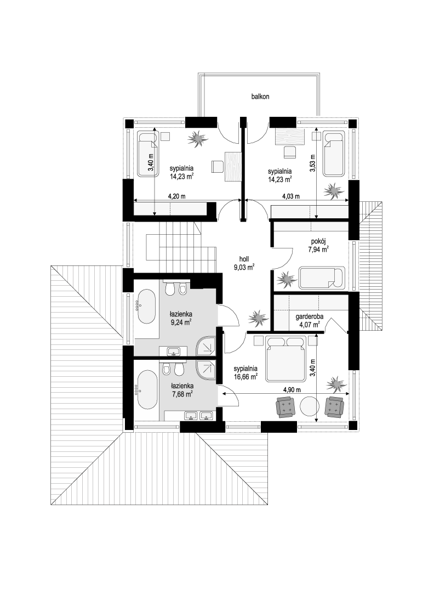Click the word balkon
pos(260,97)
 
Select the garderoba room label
pos(310,317)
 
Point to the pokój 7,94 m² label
pos(318,246)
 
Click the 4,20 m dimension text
pos(176,196)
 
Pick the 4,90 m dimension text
pos(292,390)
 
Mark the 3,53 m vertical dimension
pos(312,163)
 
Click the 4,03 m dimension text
pos(290,196)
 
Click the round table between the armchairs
pos(310,407)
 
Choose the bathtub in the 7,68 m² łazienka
pos(146,390)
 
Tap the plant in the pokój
pos(286,278)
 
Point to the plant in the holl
pos(257,318)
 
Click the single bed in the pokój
pos(322,278)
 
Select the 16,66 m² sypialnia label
pos(245,373)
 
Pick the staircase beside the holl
pos(180,246)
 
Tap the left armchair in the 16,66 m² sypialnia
pos(285,407)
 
